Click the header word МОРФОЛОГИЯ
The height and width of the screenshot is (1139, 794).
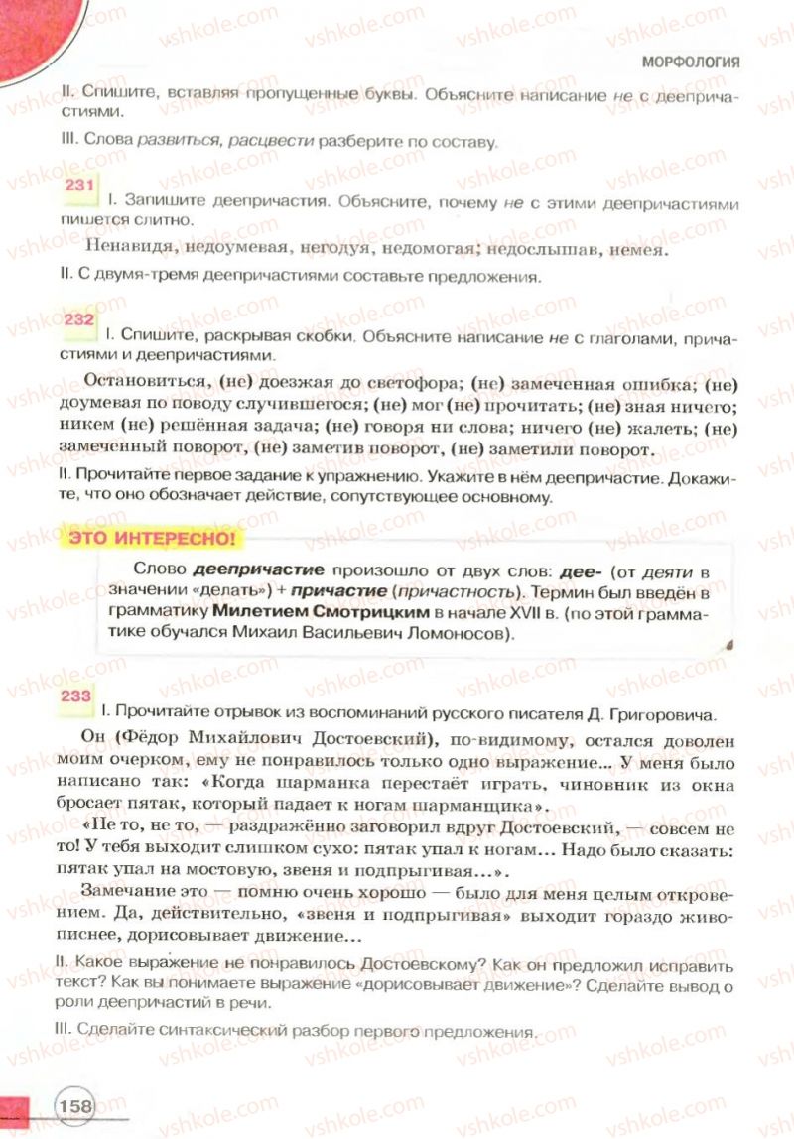pyautogui.click(x=691, y=62)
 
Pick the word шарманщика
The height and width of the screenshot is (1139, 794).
pyautogui.click(x=477, y=807)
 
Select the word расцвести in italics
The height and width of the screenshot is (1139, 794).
pyautogui.click(x=265, y=142)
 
